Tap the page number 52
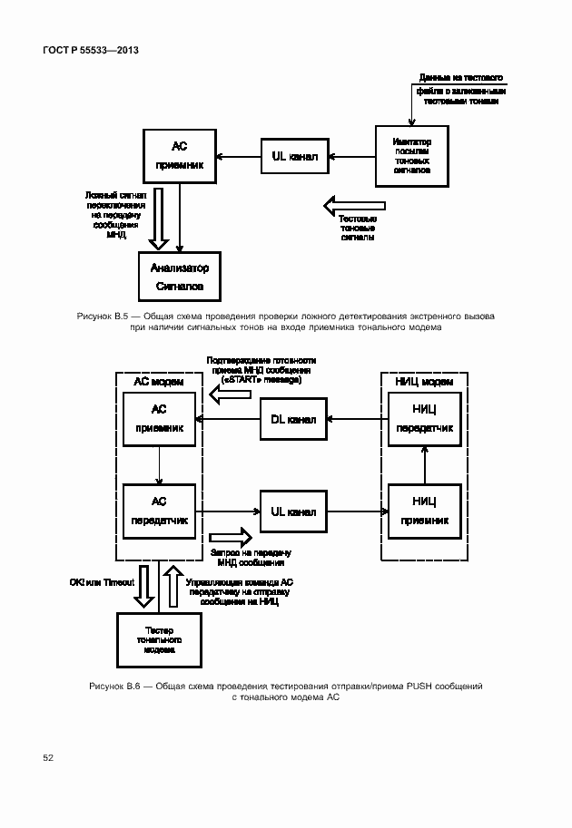click(x=48, y=756)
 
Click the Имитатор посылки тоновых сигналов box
click(x=412, y=156)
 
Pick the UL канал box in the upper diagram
click(x=294, y=157)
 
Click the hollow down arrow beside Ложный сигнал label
click(x=159, y=218)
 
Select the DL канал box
click(x=294, y=419)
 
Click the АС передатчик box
click(x=159, y=511)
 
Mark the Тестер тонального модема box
click(x=159, y=640)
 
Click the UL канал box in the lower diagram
click(x=294, y=512)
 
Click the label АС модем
click(x=158, y=381)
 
